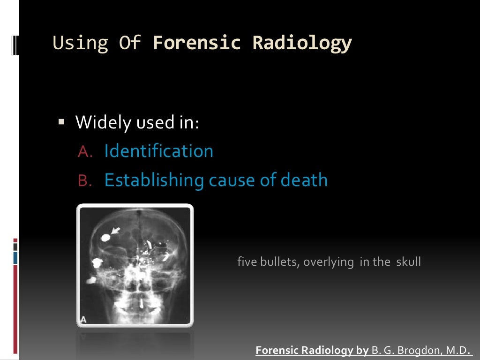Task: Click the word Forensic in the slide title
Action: pyautogui.click(x=197, y=43)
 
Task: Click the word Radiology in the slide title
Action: pyautogui.click(x=302, y=43)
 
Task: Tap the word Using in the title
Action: pyautogui.click(x=81, y=43)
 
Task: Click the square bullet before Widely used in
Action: pyautogui.click(x=61, y=122)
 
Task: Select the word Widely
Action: pyautogui.click(x=104, y=123)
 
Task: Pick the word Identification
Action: pyautogui.click(x=158, y=151)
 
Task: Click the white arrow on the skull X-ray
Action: pyautogui.click(x=115, y=231)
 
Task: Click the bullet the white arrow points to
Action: pyautogui.click(x=105, y=238)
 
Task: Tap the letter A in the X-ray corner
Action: pyautogui.click(x=84, y=319)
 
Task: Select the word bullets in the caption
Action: pyautogui.click(x=277, y=262)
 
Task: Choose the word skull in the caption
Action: pyautogui.click(x=408, y=262)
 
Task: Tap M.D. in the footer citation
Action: pyautogui.click(x=458, y=351)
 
